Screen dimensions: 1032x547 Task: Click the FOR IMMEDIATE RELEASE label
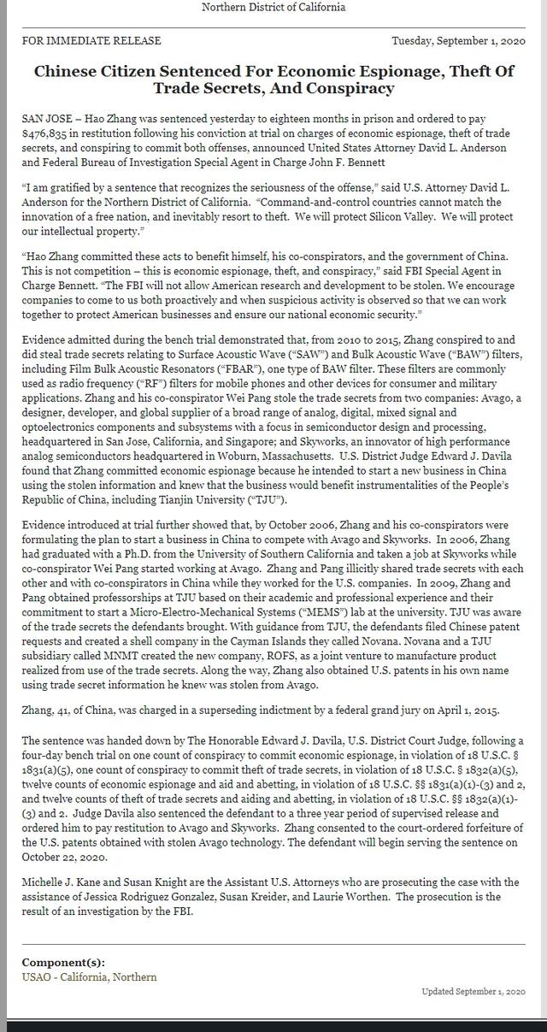(x=91, y=40)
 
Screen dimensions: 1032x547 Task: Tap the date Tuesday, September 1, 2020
(x=458, y=40)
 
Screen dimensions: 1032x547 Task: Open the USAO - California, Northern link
(x=89, y=976)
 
